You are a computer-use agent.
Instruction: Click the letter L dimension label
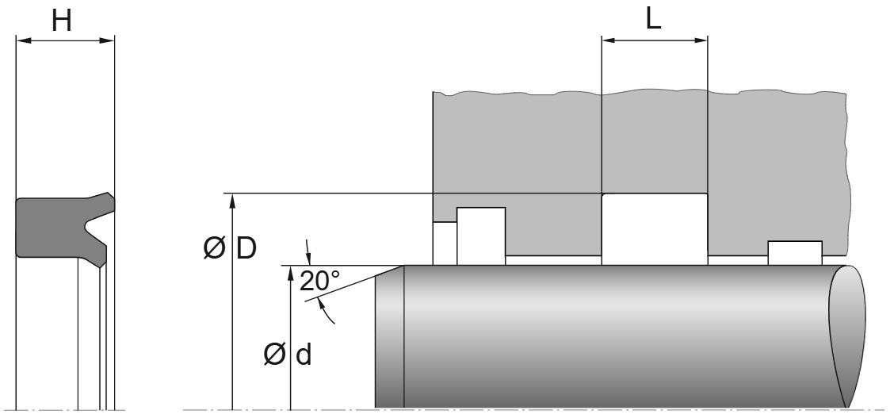click(x=653, y=19)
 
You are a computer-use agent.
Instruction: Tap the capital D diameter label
click(x=246, y=249)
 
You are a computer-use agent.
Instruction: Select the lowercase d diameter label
click(x=303, y=355)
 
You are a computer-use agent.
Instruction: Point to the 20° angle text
click(x=319, y=281)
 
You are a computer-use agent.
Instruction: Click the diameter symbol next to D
click(x=214, y=250)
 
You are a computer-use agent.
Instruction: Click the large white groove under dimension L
click(x=655, y=228)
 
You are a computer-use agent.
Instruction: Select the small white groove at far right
click(x=794, y=252)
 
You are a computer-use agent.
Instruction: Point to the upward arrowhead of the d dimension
click(x=292, y=274)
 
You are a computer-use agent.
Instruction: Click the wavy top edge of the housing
click(x=634, y=92)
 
